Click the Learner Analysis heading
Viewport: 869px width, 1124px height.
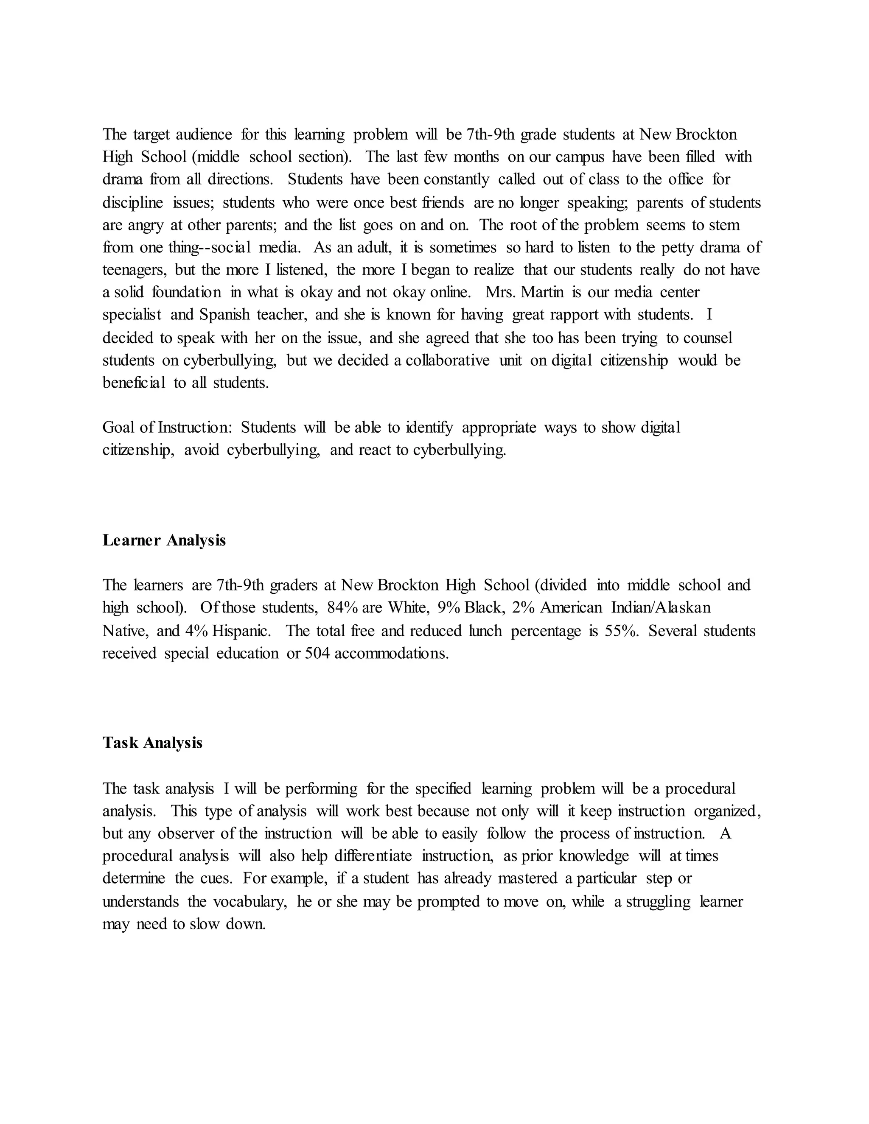164,540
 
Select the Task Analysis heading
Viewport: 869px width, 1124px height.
152,743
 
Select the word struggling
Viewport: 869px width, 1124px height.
658,901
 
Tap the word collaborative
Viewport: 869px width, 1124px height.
447,360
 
